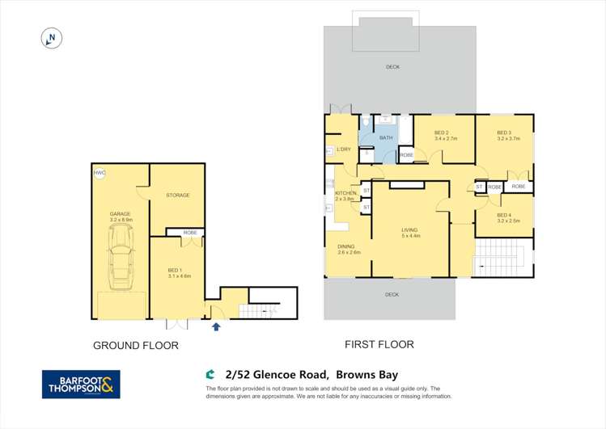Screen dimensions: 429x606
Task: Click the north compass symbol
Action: (51, 38)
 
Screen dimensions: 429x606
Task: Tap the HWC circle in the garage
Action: (100, 173)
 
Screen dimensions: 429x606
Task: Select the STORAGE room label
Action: (177, 196)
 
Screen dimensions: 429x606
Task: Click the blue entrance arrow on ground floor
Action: (216, 326)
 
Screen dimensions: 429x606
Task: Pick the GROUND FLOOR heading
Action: (135, 346)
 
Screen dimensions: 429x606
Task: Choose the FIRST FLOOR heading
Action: (379, 345)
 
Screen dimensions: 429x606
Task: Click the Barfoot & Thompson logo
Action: (81, 384)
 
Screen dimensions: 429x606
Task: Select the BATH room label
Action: (386, 138)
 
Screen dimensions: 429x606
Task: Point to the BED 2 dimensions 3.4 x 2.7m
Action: (446, 139)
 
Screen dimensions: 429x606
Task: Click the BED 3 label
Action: (504, 133)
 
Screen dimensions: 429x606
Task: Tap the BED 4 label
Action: (504, 215)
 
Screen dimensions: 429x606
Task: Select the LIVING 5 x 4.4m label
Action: (410, 232)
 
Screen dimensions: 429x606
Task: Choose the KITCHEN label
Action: (345, 193)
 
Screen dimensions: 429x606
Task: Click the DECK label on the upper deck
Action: (392, 67)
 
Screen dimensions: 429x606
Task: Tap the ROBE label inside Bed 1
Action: (189, 233)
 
